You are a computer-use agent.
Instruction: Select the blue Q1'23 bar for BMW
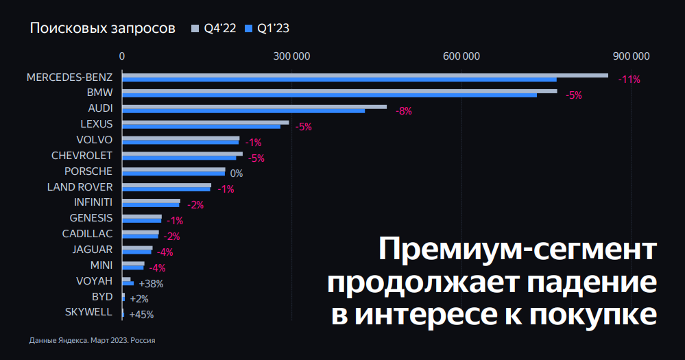click(329, 95)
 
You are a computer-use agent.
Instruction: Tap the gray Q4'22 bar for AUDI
click(254, 107)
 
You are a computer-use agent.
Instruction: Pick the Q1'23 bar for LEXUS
click(201, 127)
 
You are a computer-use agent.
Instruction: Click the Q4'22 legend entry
click(213, 28)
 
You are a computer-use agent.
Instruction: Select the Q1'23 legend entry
click(267, 28)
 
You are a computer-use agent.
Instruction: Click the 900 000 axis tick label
click(631, 56)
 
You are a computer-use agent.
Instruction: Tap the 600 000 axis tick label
click(461, 56)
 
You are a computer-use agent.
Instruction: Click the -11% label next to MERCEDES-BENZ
click(629, 80)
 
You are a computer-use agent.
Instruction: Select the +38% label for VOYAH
click(151, 283)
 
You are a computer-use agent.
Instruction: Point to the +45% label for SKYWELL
click(141, 315)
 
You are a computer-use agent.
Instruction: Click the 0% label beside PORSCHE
click(237, 173)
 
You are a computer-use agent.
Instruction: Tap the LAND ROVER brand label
click(80, 187)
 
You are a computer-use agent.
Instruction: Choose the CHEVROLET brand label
click(82, 155)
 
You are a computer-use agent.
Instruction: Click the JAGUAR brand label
click(93, 250)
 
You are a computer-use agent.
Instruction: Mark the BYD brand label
click(102, 297)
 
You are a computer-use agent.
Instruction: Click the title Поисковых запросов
click(102, 28)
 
